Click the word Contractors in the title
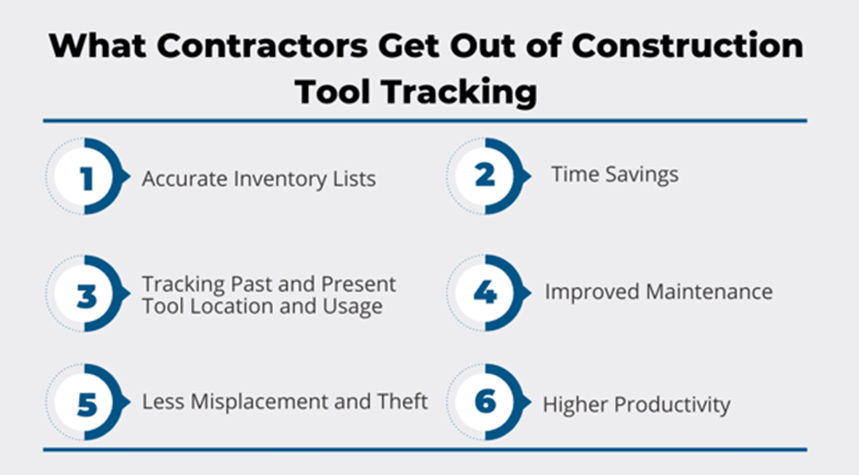[x=263, y=45]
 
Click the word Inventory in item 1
[x=280, y=179]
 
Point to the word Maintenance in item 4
[x=709, y=292]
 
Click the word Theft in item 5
[x=402, y=401]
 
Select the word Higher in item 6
[x=575, y=405]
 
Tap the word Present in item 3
[x=358, y=285]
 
